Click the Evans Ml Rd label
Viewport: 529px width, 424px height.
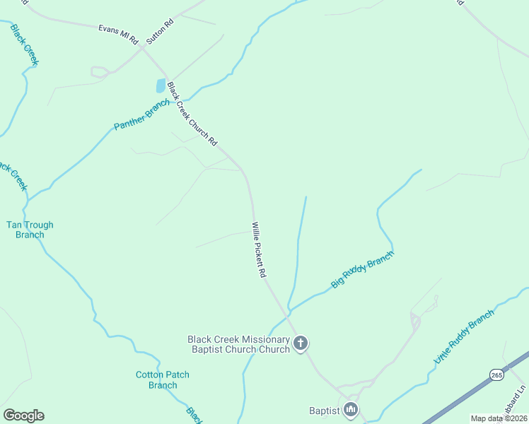coord(118,34)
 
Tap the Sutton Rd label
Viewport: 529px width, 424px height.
coord(160,33)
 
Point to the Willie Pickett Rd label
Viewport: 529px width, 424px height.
coord(258,249)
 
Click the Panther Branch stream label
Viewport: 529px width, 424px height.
coord(141,115)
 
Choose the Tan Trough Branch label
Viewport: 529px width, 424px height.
coord(30,230)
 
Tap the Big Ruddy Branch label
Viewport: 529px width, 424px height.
coord(361,269)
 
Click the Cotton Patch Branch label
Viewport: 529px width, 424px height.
coord(163,379)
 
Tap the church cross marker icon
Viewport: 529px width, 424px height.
coord(301,344)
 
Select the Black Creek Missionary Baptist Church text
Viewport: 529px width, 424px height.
coord(239,344)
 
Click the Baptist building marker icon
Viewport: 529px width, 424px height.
coord(350,410)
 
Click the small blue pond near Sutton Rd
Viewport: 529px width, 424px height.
coord(161,86)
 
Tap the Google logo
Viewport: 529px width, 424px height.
coord(23,415)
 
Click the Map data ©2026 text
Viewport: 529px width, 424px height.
coord(498,418)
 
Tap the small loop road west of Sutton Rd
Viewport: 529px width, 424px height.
coord(99,71)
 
